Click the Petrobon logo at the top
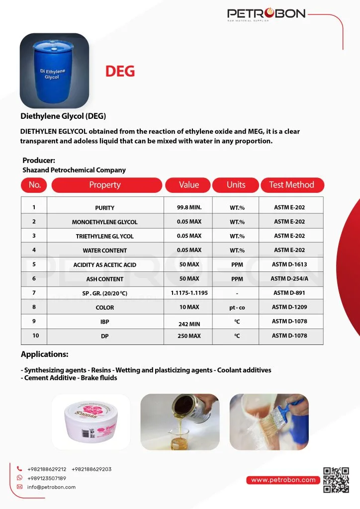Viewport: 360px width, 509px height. [x=266, y=14]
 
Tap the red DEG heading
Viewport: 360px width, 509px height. [x=120, y=71]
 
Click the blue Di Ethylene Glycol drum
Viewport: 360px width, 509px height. [x=54, y=68]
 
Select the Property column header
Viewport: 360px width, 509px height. [x=105, y=185]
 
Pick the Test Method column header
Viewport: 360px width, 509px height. [x=291, y=185]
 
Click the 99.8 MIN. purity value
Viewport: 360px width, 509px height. [x=189, y=207]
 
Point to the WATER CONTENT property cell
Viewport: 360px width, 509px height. [x=104, y=251]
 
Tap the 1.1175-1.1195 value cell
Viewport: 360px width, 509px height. [x=189, y=293]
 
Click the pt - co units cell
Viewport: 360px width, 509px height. [x=237, y=308]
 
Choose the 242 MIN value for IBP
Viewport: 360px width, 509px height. [x=189, y=324]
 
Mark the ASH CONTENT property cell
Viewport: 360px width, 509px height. [x=104, y=279]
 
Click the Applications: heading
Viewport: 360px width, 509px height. [x=44, y=354]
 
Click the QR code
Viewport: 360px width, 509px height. [x=336, y=480]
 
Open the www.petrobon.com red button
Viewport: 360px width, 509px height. [x=283, y=480]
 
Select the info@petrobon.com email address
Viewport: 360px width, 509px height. [x=51, y=487]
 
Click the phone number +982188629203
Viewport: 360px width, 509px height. [x=91, y=469]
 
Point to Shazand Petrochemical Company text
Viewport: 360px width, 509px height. [x=74, y=170]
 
